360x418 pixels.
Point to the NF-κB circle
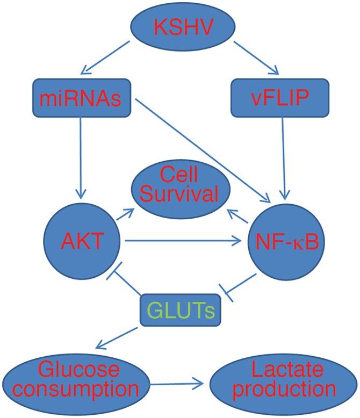point(287,242)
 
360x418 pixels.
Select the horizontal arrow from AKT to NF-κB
point(183,242)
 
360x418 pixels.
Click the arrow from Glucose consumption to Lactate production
point(177,384)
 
